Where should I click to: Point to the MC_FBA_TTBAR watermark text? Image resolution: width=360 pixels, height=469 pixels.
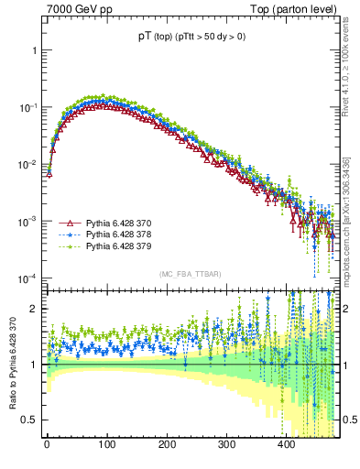(190, 275)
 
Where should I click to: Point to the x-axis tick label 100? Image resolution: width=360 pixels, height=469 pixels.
(106, 444)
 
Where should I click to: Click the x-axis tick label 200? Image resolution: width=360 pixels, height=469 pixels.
(167, 444)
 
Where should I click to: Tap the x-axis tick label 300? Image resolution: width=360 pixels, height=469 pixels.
(226, 444)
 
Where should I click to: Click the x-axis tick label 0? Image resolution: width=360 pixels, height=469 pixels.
(47, 444)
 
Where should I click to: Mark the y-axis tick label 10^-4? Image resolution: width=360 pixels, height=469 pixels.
(29, 278)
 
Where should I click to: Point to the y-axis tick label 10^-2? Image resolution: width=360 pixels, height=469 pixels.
(29, 165)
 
